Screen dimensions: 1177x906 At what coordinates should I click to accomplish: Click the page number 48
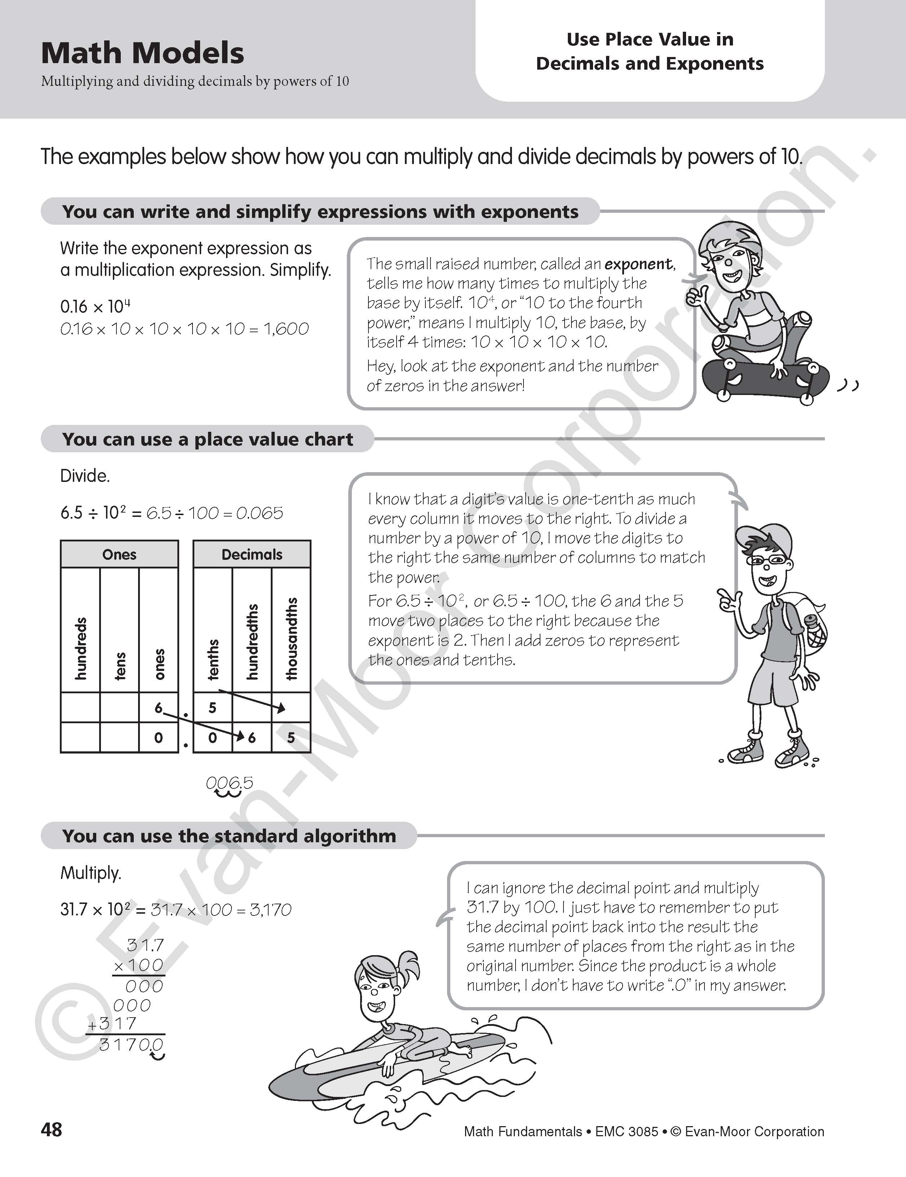tap(52, 1129)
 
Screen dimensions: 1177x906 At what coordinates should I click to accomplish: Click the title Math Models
tap(143, 53)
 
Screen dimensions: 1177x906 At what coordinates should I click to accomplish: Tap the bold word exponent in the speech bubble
tap(638, 264)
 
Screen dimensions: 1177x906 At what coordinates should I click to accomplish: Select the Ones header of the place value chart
tap(119, 554)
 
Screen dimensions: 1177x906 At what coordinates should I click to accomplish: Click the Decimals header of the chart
tap(252, 554)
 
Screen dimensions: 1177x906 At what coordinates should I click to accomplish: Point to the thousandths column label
tap(291, 638)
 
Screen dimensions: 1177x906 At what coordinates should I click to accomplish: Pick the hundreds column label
tap(80, 648)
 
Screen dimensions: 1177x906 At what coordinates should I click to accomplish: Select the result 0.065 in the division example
tap(260, 513)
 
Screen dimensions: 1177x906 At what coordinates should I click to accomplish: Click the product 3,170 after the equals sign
tap(271, 910)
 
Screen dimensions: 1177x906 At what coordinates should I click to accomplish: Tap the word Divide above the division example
tap(85, 476)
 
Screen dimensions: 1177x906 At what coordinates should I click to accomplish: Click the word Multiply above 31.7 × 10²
tap(91, 873)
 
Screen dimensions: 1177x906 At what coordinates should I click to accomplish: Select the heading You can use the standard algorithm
tap(229, 836)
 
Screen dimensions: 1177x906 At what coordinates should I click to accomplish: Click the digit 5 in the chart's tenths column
tap(212, 708)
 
